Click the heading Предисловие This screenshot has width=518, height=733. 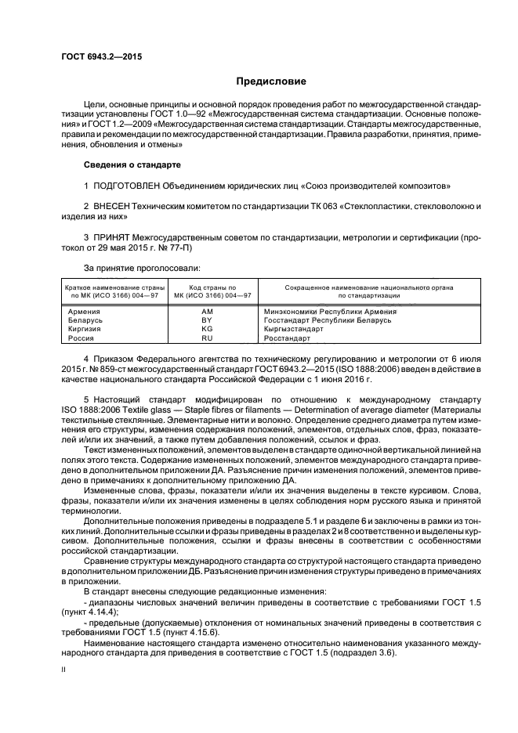pos(272,81)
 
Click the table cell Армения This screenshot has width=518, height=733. pos(85,312)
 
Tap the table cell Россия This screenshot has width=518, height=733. pos(82,338)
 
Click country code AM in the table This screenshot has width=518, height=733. pos(208,312)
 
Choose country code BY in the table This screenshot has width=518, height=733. pos(208,320)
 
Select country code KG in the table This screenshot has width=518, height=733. pos(208,330)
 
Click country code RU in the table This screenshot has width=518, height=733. pos(208,338)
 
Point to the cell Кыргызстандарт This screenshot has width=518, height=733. pos(293,330)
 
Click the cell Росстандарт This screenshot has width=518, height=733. pos(288,338)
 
